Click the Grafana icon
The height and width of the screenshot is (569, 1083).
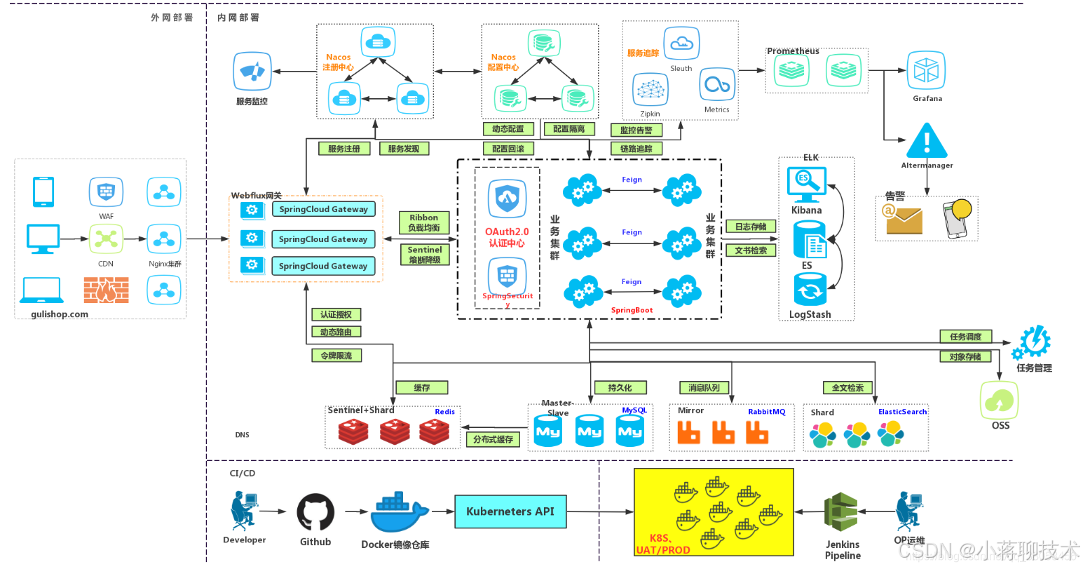point(927,72)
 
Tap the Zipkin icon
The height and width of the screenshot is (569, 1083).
point(650,90)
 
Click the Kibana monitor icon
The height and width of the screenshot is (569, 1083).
point(806,184)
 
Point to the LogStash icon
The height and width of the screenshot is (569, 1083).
point(810,290)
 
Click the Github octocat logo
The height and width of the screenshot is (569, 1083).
point(315,513)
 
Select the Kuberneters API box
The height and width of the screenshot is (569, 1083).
point(510,511)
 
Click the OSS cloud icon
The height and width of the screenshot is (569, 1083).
point(1000,401)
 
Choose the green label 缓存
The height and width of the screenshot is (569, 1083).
point(421,387)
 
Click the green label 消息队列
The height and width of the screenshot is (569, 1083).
point(704,387)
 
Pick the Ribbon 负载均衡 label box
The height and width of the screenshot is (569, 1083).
point(424,222)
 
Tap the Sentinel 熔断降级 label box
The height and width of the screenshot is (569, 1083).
point(425,255)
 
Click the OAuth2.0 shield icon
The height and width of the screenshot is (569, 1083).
point(507,199)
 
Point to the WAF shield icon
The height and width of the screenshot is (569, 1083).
point(106,192)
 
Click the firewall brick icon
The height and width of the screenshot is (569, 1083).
point(106,289)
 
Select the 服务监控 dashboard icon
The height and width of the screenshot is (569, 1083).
point(252,72)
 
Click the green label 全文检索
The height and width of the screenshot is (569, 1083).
point(847,387)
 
